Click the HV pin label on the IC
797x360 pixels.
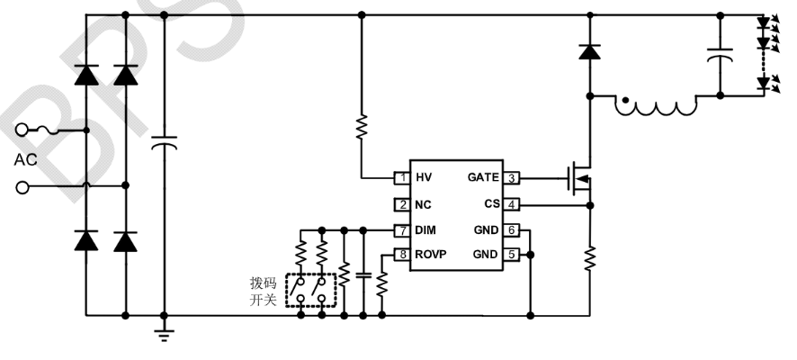pos(425,178)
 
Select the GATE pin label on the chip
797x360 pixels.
pos(484,178)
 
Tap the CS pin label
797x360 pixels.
pos(491,204)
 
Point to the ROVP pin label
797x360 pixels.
pos(433,255)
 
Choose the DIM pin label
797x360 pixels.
pos(427,230)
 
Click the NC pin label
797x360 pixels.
pos(425,204)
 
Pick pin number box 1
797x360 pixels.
pos(401,178)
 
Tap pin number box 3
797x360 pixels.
pos(510,178)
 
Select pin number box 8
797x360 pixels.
pos(401,255)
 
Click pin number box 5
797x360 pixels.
pos(510,255)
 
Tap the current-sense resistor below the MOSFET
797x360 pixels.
pos(590,259)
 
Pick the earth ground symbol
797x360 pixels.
pos(164,336)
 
